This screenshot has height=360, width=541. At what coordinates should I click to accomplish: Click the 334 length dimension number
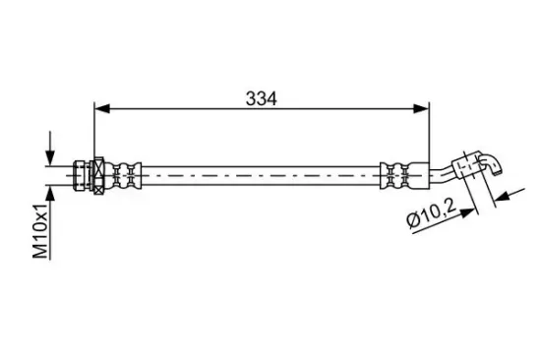261,97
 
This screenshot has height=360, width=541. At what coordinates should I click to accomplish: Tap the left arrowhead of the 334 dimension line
100,107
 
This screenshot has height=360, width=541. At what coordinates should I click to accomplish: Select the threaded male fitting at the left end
82,175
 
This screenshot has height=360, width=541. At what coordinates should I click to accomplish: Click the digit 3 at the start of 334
251,97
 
